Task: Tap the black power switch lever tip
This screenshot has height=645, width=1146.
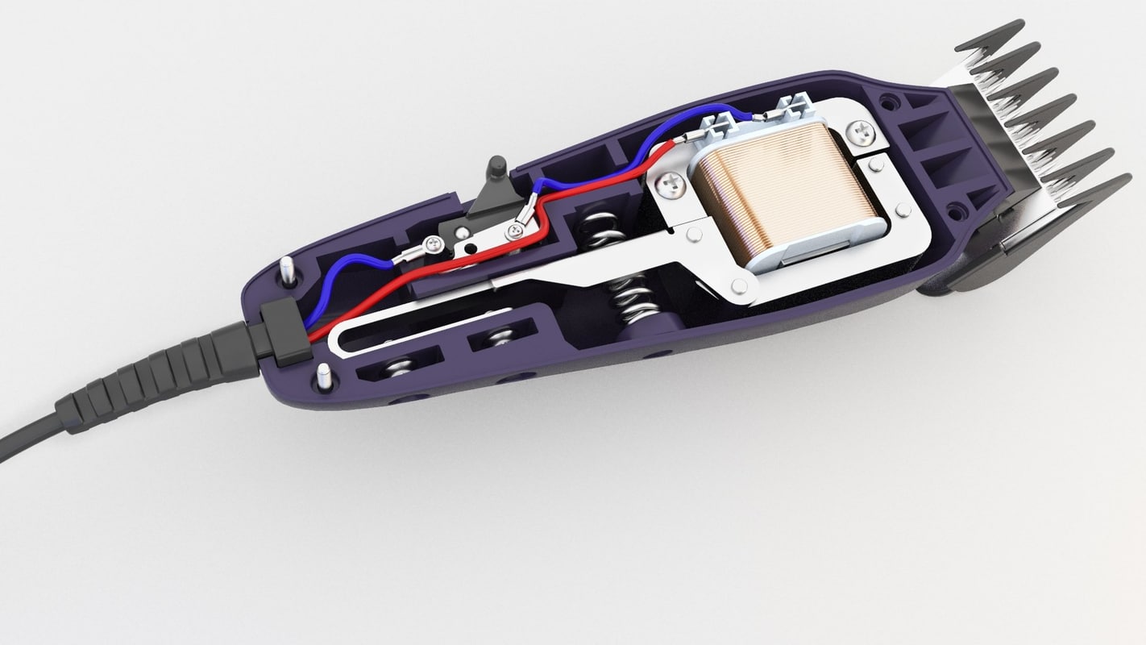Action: click(x=496, y=165)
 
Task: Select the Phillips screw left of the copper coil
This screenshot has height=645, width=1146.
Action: click(x=671, y=186)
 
